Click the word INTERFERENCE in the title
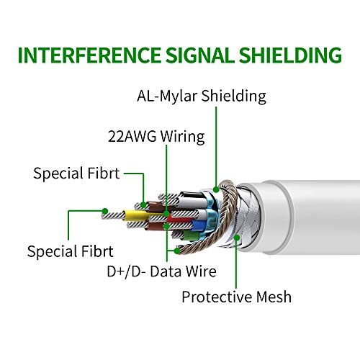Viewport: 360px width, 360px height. [x=89, y=55]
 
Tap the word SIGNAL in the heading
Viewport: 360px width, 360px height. [x=200, y=55]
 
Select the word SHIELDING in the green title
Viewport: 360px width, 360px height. [x=290, y=55]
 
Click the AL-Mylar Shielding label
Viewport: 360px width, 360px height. [x=202, y=96]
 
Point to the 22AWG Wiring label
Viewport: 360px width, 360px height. [x=156, y=137]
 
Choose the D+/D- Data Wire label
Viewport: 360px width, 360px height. [x=161, y=271]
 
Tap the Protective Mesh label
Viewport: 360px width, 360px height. [x=237, y=297]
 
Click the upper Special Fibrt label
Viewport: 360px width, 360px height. [x=76, y=173]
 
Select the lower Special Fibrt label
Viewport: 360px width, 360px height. [x=70, y=251]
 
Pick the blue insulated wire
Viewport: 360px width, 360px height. [x=199, y=225]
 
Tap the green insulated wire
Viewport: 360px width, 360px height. [x=191, y=235]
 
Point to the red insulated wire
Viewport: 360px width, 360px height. [x=179, y=219]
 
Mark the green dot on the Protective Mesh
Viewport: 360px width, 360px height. [x=237, y=238]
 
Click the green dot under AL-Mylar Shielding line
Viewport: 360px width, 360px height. [x=216, y=189]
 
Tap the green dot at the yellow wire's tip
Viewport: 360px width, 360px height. [x=105, y=211]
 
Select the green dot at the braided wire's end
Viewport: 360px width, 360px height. [x=177, y=251]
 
